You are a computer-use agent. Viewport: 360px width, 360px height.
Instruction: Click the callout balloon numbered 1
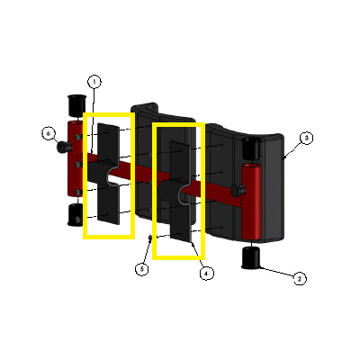pos(94,82)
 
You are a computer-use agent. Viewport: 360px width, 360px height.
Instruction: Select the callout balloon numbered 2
pos(300,279)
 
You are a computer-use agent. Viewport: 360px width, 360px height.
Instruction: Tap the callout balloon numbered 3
pos(306,139)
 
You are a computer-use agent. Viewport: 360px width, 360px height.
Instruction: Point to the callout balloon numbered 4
pos(206,274)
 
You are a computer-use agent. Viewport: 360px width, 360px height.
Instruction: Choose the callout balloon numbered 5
pos(142,269)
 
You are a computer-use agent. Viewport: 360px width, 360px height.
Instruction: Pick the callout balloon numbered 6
pos(49,133)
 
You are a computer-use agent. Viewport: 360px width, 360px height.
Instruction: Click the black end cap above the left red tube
pos(76,105)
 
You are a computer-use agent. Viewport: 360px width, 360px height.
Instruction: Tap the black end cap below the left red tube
pos(75,215)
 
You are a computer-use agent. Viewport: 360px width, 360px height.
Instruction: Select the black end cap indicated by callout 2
pos(251,257)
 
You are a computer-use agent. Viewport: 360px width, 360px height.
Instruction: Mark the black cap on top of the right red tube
pos(250,148)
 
